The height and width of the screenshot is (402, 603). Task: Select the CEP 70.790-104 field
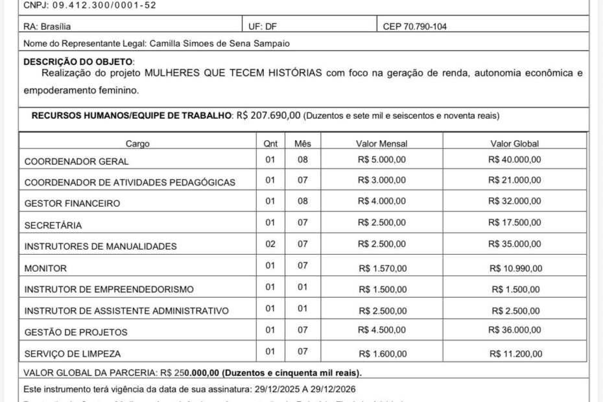[x=414, y=27]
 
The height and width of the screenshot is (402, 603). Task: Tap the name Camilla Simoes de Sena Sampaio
[x=220, y=43]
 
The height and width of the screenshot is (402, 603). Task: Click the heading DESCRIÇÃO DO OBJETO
[x=78, y=61]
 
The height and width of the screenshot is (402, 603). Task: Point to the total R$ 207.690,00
[x=269, y=115]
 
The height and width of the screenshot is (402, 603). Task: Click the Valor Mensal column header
[x=381, y=143]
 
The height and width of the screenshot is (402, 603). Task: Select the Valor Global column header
[x=515, y=143]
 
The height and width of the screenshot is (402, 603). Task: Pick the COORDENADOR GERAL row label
[x=77, y=161]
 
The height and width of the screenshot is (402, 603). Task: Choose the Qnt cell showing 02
[x=270, y=244]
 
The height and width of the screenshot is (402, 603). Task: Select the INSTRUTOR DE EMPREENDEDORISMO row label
[x=109, y=289]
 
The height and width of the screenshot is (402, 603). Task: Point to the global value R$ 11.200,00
[x=516, y=353]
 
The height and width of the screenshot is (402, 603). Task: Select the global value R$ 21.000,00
[x=515, y=180]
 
